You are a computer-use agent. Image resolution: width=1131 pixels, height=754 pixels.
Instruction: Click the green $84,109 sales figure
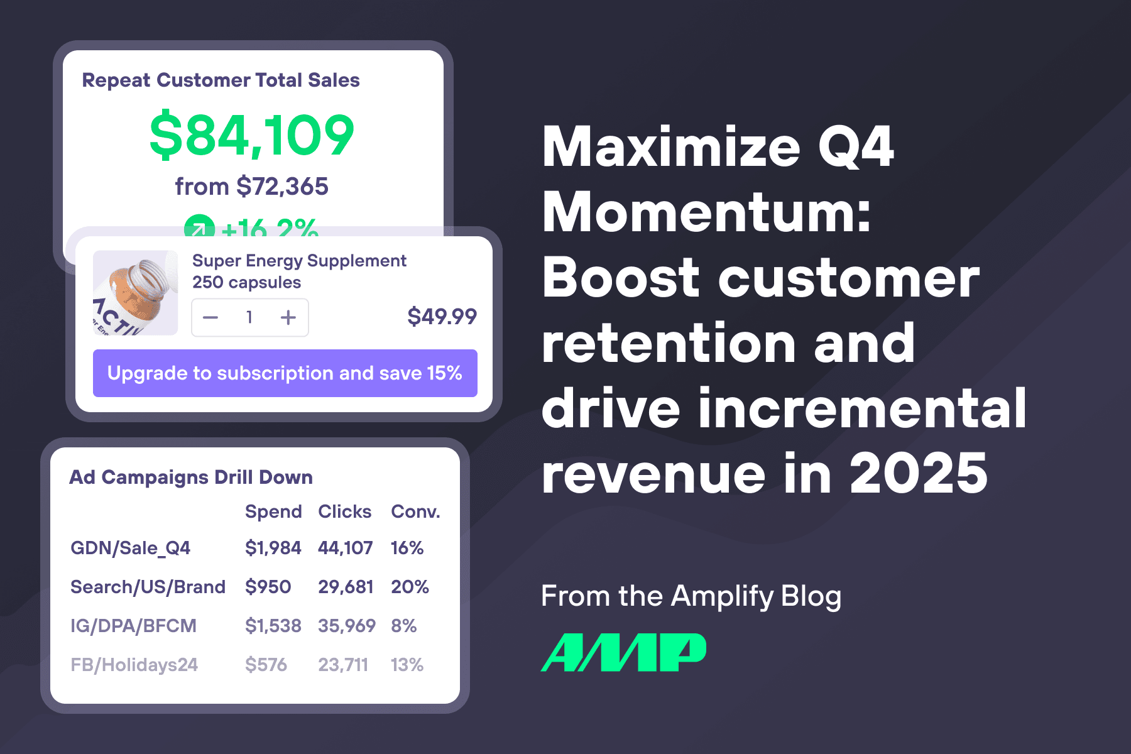252,135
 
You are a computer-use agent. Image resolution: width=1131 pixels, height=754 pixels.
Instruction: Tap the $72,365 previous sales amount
282,187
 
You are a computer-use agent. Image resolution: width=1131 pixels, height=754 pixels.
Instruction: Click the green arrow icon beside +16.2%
199,227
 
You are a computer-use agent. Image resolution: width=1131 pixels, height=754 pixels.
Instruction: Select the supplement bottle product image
135,293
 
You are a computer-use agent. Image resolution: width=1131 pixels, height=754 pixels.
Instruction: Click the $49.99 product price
442,316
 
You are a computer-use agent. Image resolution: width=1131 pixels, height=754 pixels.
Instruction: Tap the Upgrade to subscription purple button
285,373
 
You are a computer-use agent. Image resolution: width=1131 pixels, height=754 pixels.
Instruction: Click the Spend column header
273,511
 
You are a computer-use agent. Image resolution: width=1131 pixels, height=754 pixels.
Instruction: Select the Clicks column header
344,511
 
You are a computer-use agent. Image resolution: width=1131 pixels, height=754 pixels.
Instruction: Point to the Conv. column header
415,511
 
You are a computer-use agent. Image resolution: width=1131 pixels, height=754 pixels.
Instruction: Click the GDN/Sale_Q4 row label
130,548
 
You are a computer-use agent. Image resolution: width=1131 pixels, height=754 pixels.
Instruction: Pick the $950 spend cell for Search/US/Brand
268,587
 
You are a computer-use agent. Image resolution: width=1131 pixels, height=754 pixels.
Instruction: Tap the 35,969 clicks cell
346,626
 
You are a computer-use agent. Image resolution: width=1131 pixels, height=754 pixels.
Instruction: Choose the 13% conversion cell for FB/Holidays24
407,665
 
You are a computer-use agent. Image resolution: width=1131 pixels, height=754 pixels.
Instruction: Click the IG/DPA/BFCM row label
133,626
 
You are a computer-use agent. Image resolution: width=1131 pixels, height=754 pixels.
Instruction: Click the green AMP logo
623,652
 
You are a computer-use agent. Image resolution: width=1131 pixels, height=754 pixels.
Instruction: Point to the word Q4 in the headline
855,147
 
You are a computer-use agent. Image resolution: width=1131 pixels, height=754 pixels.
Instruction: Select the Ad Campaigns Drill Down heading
190,478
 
